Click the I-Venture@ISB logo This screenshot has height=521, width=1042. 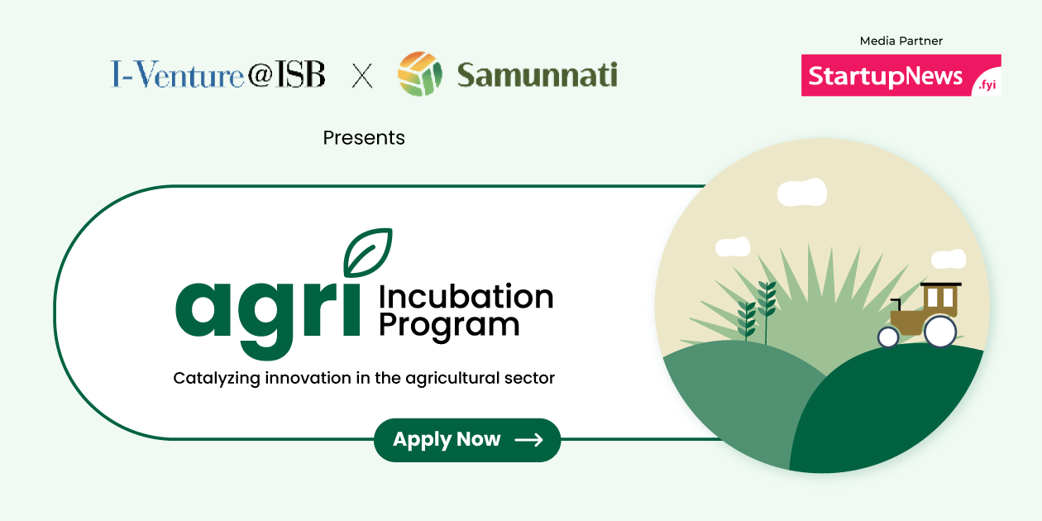217,75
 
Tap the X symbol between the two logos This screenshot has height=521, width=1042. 362,76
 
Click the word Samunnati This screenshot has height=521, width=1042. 537,75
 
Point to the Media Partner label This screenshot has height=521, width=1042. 901,41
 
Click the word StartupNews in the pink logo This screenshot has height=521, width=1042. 886,76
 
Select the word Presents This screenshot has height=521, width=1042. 364,137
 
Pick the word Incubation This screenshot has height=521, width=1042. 466,297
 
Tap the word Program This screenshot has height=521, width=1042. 449,325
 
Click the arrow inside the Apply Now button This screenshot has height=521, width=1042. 528,440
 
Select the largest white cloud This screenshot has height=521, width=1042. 801,192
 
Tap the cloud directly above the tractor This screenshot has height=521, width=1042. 948,260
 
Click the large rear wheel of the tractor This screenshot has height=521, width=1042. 940,332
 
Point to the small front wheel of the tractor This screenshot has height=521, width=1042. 888,337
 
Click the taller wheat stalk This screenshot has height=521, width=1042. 767,310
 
